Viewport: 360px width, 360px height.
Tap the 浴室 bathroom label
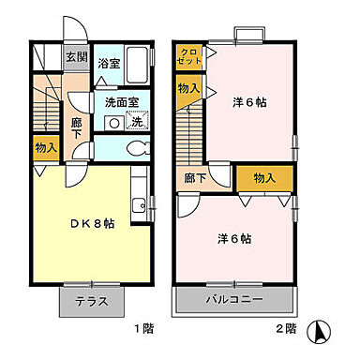[109, 65]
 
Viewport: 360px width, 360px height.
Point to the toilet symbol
[136, 146]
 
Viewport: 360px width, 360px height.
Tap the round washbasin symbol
[113, 122]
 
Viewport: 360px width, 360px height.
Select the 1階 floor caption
[142, 330]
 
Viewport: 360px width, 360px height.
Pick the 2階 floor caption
[287, 330]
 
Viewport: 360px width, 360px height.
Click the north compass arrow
[322, 331]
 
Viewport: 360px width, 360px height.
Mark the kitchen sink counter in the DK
[139, 204]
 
